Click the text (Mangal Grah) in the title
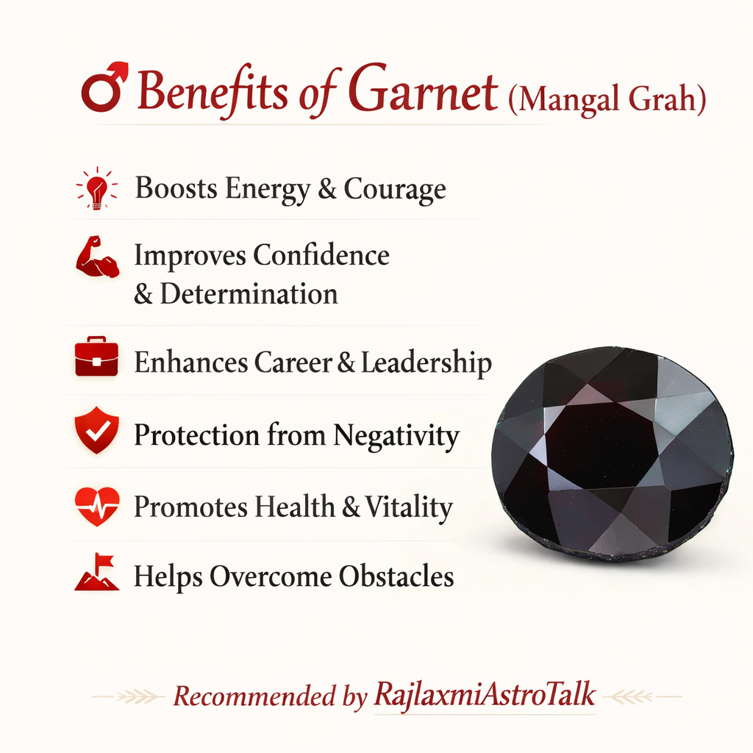click(x=607, y=99)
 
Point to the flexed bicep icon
click(x=98, y=257)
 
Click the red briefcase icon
click(x=96, y=356)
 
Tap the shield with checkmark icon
click(x=96, y=430)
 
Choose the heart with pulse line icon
click(x=96, y=506)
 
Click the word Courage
click(x=395, y=189)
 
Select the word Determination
click(x=249, y=293)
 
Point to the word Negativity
click(x=396, y=436)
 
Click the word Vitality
click(x=409, y=507)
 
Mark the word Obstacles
click(x=396, y=576)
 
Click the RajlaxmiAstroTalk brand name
click(x=485, y=694)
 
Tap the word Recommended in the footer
click(x=254, y=696)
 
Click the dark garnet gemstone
click(x=613, y=453)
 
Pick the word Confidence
click(x=321, y=255)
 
